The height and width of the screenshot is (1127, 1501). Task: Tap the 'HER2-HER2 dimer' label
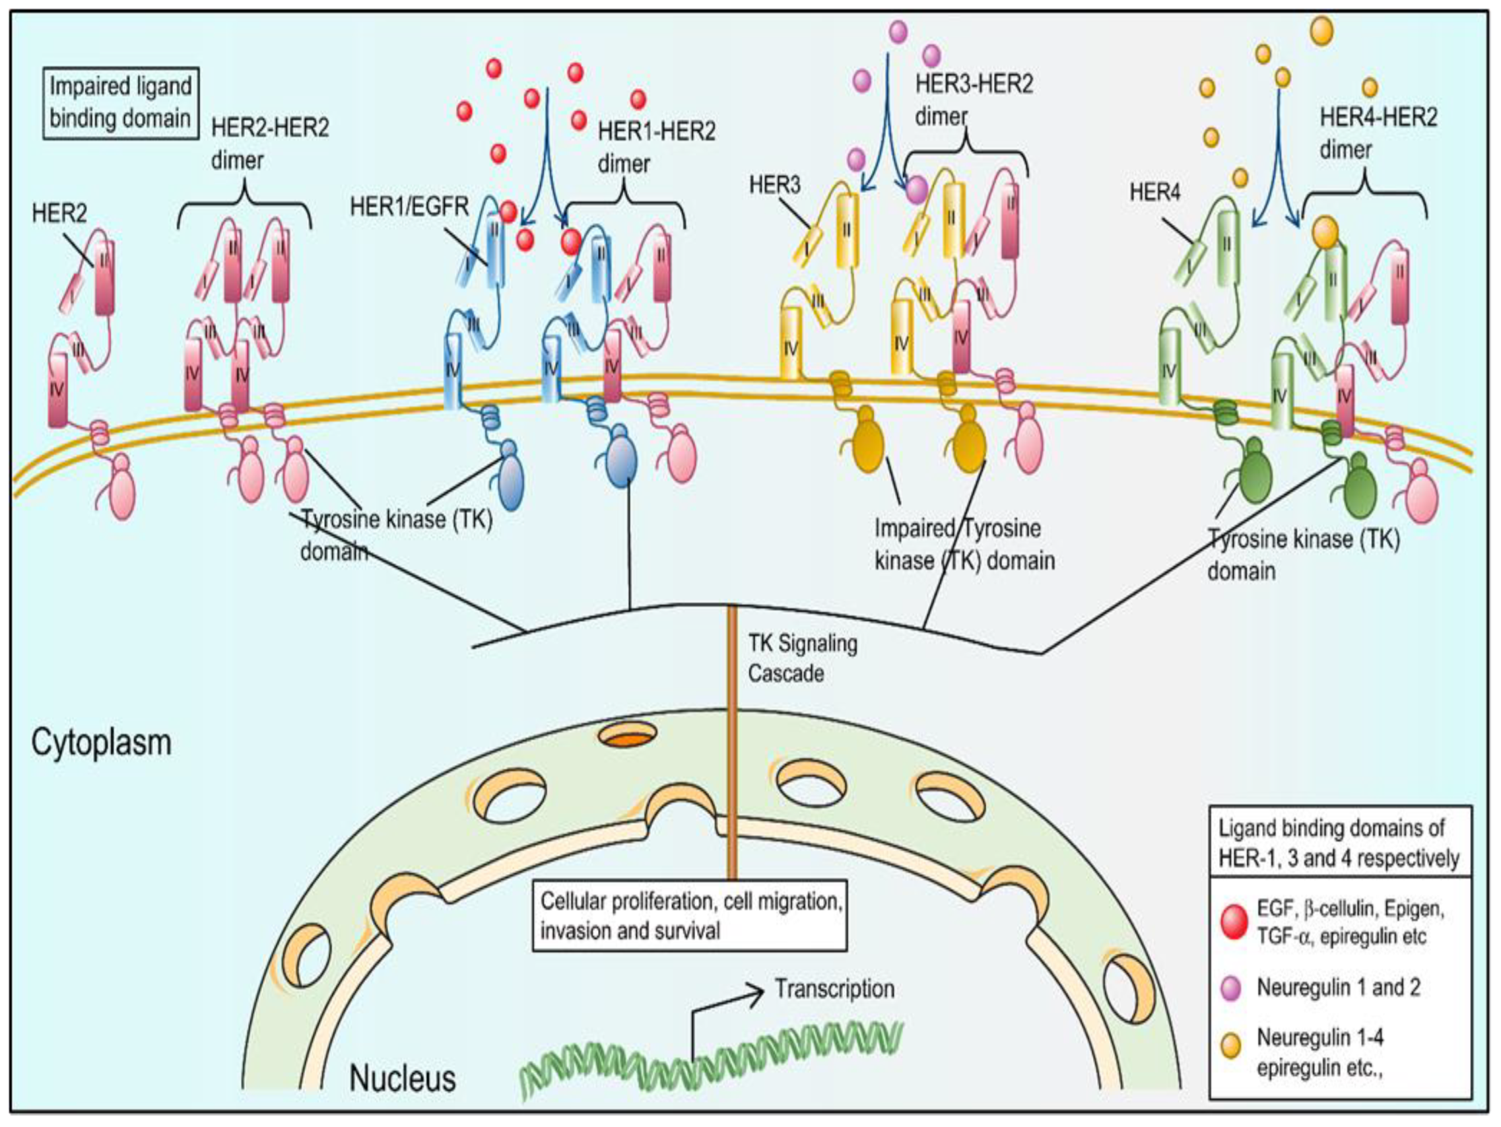click(x=270, y=143)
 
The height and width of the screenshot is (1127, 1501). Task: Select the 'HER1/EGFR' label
click(x=409, y=207)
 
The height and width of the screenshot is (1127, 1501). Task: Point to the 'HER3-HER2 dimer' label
click(x=974, y=100)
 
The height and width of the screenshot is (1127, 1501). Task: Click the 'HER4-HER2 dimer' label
click(x=1378, y=133)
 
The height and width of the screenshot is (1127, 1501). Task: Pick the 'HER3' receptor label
click(x=774, y=184)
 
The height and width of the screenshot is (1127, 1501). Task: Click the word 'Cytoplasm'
click(x=101, y=743)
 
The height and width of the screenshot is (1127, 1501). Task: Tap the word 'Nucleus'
click(x=403, y=1078)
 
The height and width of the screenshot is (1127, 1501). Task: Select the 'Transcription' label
click(x=834, y=988)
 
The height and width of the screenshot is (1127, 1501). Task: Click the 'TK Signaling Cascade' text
click(x=802, y=658)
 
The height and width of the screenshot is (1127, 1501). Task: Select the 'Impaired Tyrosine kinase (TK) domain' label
click(x=964, y=545)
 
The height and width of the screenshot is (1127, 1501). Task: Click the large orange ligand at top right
click(x=1321, y=30)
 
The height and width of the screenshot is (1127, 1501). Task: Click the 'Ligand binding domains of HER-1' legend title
click(x=1339, y=843)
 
